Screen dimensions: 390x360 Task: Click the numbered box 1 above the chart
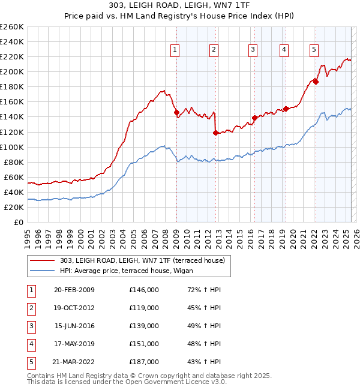175,50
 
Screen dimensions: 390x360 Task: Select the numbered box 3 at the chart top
253,50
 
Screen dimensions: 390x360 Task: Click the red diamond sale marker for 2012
215,133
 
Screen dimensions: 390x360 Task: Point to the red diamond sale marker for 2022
316,82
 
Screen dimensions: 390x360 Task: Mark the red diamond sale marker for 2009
176,112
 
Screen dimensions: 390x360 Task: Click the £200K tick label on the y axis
12,71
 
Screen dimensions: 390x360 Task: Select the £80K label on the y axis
14,162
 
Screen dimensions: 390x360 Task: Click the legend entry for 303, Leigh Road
142,260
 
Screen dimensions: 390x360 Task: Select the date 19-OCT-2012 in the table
74,308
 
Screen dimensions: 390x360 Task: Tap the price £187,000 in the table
144,362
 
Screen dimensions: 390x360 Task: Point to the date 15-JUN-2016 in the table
74,326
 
